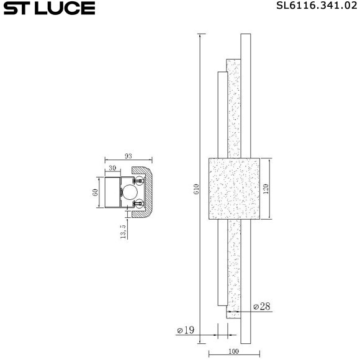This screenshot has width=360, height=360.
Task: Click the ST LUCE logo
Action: [x=48, y=8]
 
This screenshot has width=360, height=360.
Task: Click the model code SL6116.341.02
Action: [x=315, y=7]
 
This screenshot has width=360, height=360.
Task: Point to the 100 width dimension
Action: [x=233, y=353]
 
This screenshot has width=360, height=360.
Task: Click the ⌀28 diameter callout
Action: [x=262, y=307]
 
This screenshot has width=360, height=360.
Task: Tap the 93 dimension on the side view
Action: [x=128, y=156]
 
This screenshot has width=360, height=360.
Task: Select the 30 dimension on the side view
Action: [x=112, y=168]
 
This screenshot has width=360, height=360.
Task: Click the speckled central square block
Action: [x=233, y=189]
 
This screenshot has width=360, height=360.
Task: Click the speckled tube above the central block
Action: [x=233, y=106]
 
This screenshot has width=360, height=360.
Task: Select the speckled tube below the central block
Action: [x=233, y=267]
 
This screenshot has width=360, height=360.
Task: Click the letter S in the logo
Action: [x=11, y=8]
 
